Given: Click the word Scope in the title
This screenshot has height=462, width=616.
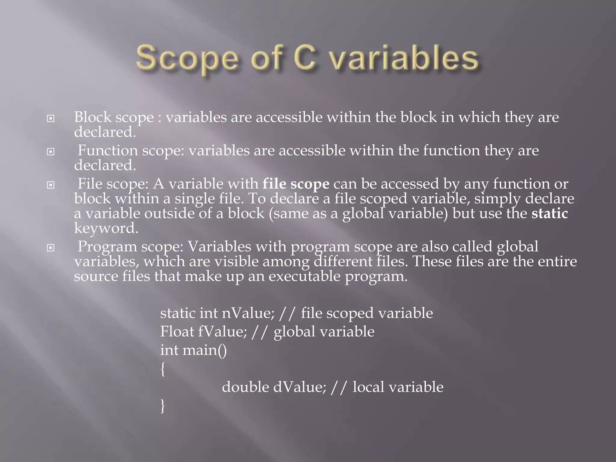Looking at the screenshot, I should tap(187, 59).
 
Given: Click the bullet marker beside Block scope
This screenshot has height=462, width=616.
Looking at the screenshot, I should tap(51, 119).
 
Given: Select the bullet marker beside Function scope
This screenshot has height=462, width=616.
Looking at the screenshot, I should tap(51, 152).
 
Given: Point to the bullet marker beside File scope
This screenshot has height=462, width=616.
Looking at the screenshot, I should tap(51, 185).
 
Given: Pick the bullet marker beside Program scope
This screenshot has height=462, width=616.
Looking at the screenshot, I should tap(51, 248).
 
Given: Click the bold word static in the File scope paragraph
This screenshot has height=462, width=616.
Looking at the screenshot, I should tap(550, 213).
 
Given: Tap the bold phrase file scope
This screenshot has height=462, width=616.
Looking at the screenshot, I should tap(296, 184).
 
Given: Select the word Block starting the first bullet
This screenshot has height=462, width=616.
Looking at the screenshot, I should tap(93, 117).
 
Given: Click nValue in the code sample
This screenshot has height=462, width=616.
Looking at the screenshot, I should tap(248, 313).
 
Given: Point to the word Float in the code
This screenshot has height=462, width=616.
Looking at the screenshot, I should tap(177, 331).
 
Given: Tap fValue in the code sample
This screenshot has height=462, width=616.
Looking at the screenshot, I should tap(222, 331).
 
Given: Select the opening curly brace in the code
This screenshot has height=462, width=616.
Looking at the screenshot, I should tap(163, 369).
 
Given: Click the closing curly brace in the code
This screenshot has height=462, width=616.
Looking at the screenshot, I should tap(163, 406).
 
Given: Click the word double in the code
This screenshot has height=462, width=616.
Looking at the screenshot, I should tap(245, 387).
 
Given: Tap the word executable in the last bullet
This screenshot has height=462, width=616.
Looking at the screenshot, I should tap(304, 276).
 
